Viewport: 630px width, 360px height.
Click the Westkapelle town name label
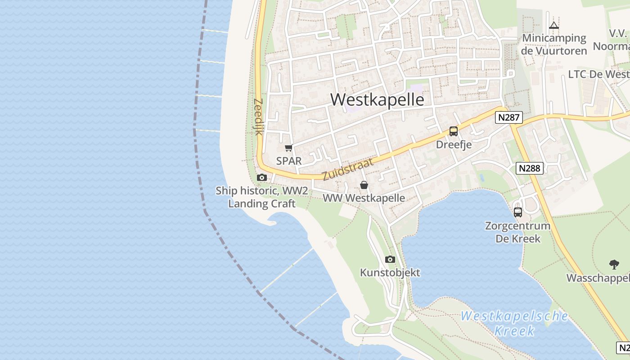tap(377, 99)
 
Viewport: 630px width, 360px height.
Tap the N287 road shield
tap(509, 118)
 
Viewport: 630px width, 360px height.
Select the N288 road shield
tap(530, 168)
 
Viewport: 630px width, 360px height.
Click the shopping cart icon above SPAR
tap(289, 148)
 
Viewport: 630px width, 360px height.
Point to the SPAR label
tap(289, 161)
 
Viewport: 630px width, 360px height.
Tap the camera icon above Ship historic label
tap(261, 178)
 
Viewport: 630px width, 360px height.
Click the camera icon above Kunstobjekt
tap(390, 259)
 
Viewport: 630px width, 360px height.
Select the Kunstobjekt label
tap(390, 272)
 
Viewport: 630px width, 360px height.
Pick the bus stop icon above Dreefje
tap(454, 131)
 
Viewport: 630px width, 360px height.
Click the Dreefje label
tap(454, 144)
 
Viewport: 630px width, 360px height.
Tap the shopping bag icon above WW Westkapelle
tap(364, 185)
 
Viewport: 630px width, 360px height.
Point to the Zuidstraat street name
tap(348, 169)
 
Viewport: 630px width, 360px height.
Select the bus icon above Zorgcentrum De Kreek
tap(518, 212)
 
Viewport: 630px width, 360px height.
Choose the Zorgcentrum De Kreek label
tap(518, 232)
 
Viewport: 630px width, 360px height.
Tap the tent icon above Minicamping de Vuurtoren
tap(554, 25)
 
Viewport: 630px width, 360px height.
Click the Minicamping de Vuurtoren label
tap(554, 44)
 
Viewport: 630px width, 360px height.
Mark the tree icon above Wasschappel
tap(614, 264)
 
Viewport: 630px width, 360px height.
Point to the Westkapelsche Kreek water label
tap(514, 323)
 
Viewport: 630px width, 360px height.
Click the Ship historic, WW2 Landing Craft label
tap(261, 197)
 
